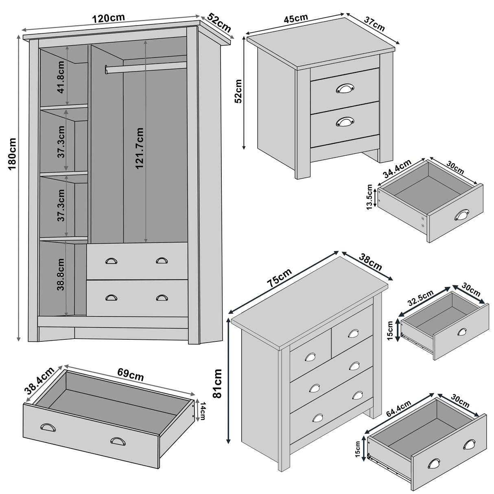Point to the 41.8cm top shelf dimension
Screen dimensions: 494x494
coord(61,77)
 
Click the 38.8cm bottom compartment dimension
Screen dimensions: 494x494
coord(61,275)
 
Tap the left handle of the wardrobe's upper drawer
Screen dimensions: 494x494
coord(111,261)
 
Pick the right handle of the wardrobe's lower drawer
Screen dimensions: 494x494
coord(162,298)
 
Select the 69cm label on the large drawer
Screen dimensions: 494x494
coord(130,374)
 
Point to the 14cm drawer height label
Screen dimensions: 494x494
coord(202,410)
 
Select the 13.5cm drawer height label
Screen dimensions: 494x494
coord(369,197)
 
